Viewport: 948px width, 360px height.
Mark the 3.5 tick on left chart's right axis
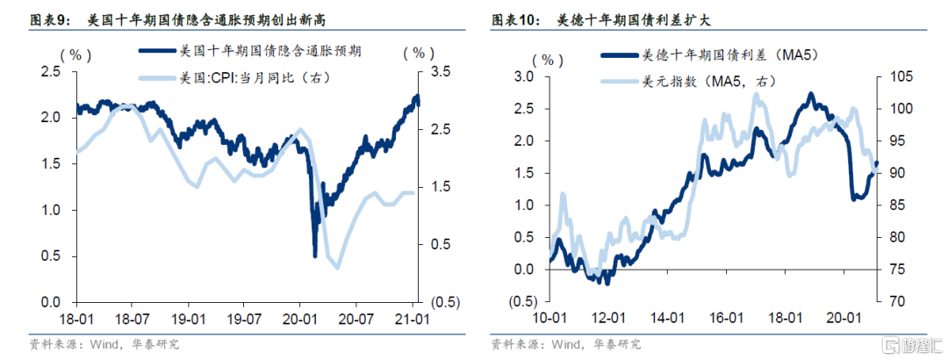click(433, 71)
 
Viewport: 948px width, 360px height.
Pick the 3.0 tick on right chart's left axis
click(523, 76)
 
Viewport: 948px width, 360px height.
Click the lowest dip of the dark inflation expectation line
click(314, 256)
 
